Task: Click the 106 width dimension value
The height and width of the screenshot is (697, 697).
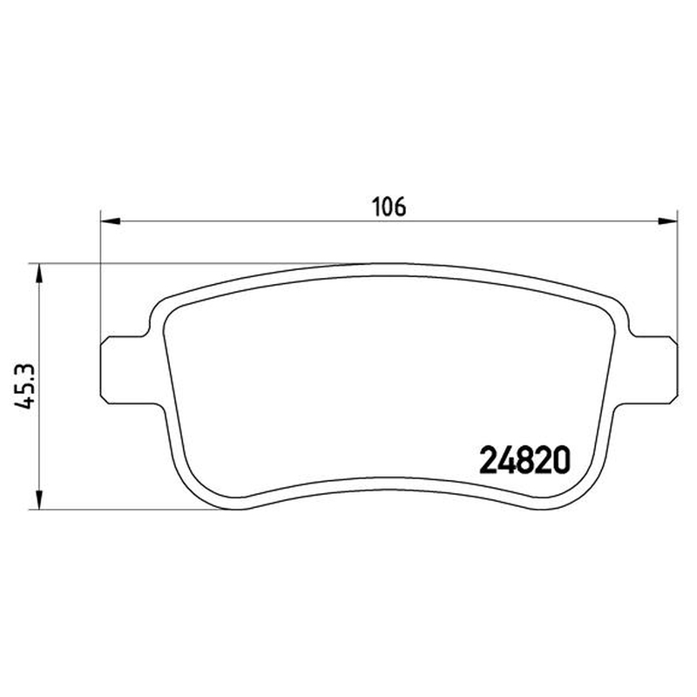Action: [x=389, y=206]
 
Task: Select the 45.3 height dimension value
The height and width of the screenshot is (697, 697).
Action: [x=24, y=385]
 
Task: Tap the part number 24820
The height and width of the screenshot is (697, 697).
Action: [x=524, y=460]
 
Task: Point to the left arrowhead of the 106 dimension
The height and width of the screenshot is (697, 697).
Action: [x=111, y=221]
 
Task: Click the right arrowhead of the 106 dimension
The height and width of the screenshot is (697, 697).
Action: [x=667, y=221]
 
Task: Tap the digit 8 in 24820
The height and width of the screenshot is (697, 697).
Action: [x=524, y=460]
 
